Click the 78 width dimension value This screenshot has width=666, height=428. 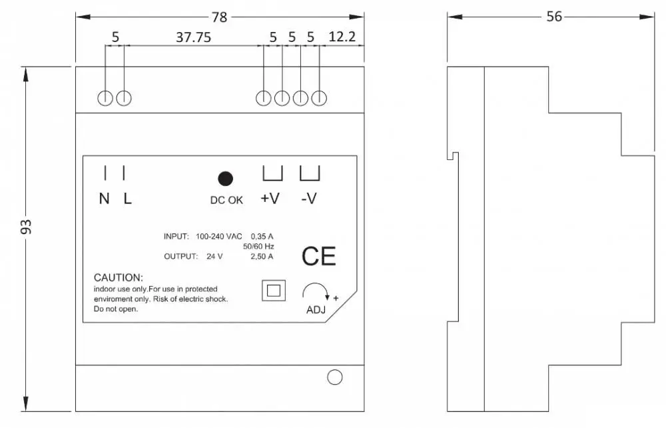pyautogui.click(x=220, y=17)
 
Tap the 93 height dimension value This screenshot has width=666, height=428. pyautogui.click(x=26, y=227)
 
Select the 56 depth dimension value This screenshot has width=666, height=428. pyautogui.click(x=554, y=17)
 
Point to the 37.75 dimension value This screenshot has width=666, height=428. pyautogui.click(x=194, y=37)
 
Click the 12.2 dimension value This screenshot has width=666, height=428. pyautogui.click(x=342, y=37)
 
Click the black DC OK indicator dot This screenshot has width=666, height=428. pyautogui.click(x=225, y=179)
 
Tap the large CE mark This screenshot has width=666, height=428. pyautogui.click(x=318, y=256)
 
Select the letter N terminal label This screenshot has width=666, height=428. pyautogui.click(x=104, y=199)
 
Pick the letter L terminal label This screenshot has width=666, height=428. pyautogui.click(x=127, y=199)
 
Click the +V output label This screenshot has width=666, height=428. pyautogui.click(x=270, y=198)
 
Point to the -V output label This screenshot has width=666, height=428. pyautogui.click(x=309, y=198)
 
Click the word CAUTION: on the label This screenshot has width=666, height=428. pyautogui.click(x=119, y=277)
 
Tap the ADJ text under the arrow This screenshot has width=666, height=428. pyautogui.click(x=316, y=310)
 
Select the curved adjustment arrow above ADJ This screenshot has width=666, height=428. pyautogui.click(x=315, y=284)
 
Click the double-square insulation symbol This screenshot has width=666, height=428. pyautogui.click(x=274, y=290)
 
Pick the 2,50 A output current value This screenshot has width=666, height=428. pyautogui.click(x=262, y=256)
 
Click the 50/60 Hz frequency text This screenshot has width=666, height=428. pyautogui.click(x=258, y=246)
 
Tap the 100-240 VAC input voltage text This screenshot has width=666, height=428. pyautogui.click(x=218, y=236)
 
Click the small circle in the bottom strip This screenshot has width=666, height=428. pyautogui.click(x=335, y=377)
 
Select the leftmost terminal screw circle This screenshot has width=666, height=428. pyautogui.click(x=105, y=98)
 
